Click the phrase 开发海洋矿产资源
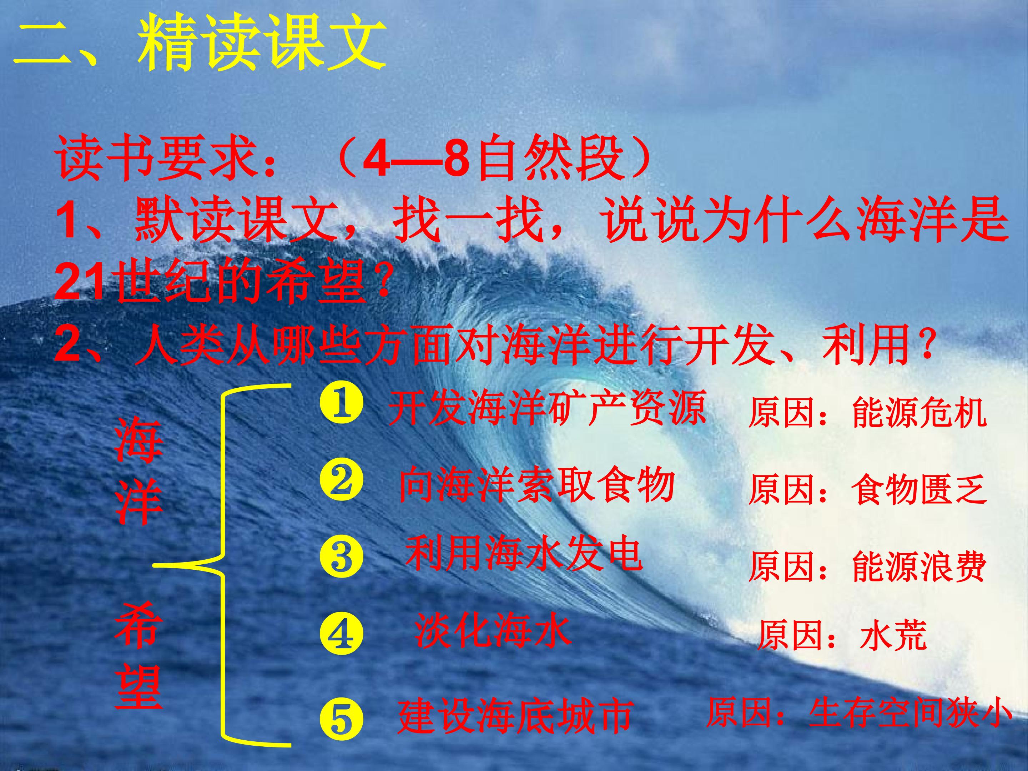pos(546,408)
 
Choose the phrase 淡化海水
pos(493,630)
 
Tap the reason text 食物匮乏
pos(919,489)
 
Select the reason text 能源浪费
pos(919,567)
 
